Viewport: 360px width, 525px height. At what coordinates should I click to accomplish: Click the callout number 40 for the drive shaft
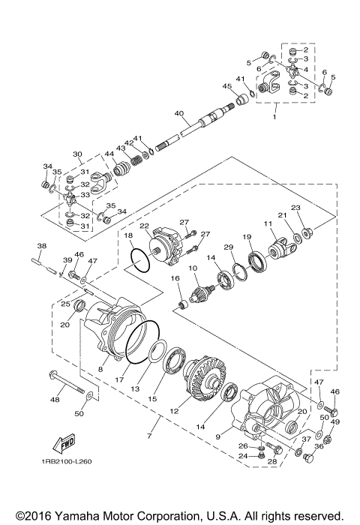[178, 113]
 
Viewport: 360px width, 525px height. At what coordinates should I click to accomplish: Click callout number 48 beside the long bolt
[54, 399]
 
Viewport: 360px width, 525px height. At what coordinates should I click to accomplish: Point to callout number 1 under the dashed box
[274, 117]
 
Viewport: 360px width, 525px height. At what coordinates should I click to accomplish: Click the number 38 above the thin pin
[42, 246]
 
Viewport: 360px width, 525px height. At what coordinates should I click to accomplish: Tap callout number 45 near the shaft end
[226, 86]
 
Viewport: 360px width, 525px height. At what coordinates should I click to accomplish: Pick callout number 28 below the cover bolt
[272, 461]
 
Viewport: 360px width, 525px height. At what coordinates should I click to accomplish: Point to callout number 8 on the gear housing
[100, 368]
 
